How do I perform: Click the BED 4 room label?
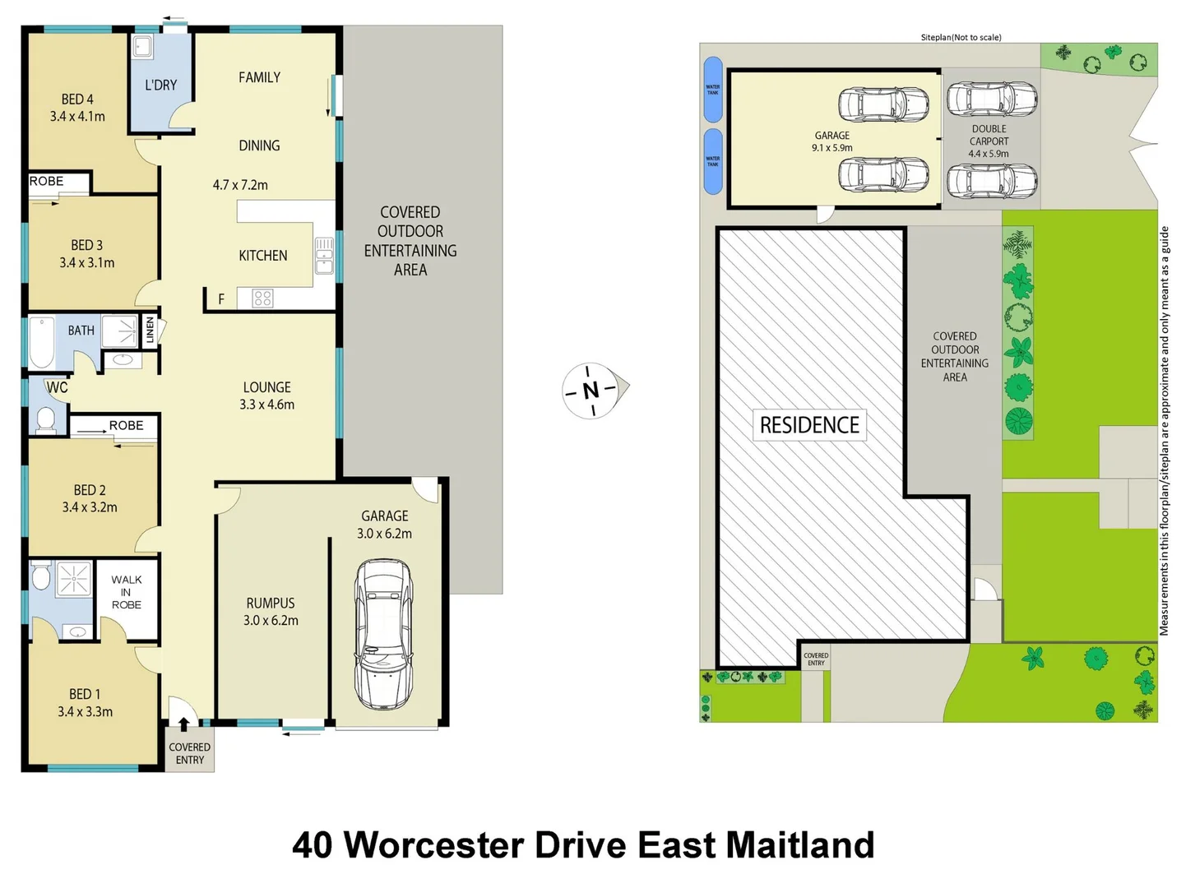click(77, 108)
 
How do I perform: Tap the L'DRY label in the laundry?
click(160, 85)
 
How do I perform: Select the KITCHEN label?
click(262, 256)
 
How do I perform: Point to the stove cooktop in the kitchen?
click(262, 298)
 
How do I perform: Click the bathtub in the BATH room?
click(42, 343)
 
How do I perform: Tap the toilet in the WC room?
click(46, 419)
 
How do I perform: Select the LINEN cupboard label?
click(150, 331)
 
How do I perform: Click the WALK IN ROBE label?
click(127, 592)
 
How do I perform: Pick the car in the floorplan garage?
click(383, 634)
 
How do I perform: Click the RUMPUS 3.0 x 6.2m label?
click(271, 612)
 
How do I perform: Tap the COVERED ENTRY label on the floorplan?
click(189, 753)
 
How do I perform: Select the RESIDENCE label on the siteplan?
click(809, 425)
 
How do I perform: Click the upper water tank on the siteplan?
click(713, 89)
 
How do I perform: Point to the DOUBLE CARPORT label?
click(989, 141)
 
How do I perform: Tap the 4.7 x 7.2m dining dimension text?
click(240, 185)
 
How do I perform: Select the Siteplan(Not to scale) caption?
click(961, 37)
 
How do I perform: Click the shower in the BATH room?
click(120, 331)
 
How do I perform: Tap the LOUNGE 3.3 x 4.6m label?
click(266, 395)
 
